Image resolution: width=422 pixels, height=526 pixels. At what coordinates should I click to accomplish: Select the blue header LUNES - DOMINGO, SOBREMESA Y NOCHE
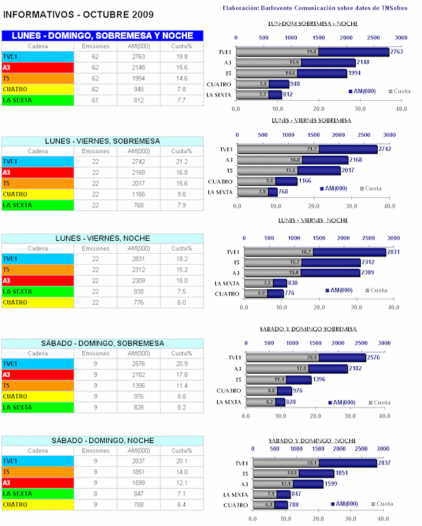(x=102, y=35)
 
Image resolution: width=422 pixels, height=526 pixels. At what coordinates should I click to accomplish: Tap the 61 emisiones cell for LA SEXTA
(x=95, y=100)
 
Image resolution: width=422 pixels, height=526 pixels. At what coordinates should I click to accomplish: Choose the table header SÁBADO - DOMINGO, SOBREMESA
(x=102, y=343)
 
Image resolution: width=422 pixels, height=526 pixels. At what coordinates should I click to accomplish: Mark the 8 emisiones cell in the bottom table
(x=95, y=493)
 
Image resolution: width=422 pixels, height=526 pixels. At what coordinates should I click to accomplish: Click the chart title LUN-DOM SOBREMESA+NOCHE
(x=315, y=24)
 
